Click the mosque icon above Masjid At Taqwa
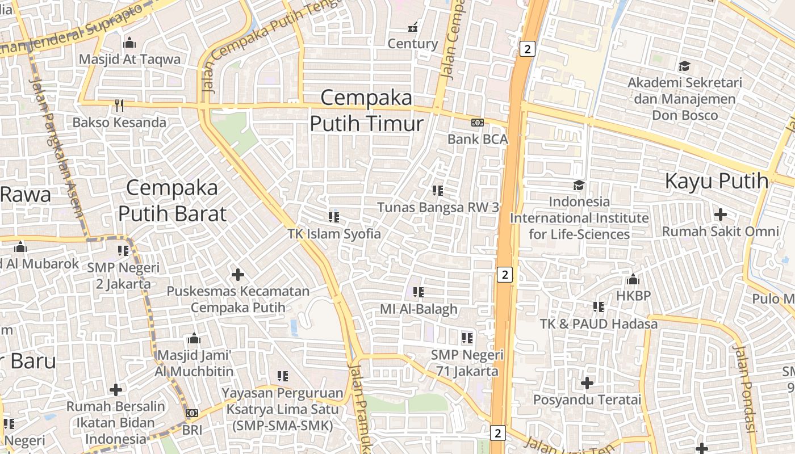click(129, 43)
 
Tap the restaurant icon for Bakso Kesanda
click(119, 106)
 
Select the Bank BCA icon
click(478, 123)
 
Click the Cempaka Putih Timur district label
click(367, 111)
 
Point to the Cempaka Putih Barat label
click(172, 200)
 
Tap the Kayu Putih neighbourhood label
click(717, 181)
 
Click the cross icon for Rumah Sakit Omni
click(721, 215)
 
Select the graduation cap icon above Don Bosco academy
click(684, 66)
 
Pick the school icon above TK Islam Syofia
click(334, 217)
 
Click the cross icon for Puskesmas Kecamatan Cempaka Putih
click(238, 275)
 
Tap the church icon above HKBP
click(633, 279)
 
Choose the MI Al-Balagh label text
click(419, 309)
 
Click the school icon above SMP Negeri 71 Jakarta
click(467, 339)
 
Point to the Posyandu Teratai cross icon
click(587, 383)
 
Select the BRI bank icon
click(192, 413)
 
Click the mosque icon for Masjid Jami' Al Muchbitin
click(194, 339)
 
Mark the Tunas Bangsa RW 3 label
click(438, 207)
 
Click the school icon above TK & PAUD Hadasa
click(599, 307)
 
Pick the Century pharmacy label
click(413, 44)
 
